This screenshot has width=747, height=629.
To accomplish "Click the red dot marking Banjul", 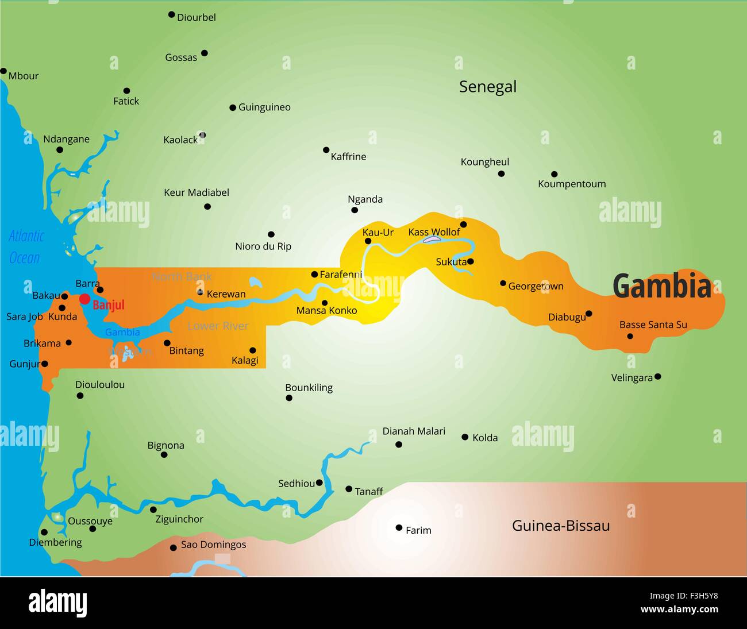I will pos(84,299).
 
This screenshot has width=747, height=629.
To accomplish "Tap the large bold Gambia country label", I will pos(661,286).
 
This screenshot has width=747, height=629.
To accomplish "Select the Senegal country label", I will pos(487,87).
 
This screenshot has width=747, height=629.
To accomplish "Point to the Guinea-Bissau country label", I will pos(560,526).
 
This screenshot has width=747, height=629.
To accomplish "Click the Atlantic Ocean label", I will pos(26,247).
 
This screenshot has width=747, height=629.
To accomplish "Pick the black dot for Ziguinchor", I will pos(153,510).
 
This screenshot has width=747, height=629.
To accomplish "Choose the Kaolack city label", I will pos(180,140).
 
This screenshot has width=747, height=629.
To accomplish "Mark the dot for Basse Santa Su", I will pos(630,336).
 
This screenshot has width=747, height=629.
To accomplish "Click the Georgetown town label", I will pos(536,286).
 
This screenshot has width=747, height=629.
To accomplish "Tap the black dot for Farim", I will pos(399,527).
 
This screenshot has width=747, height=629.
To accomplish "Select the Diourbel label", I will pos(196,18).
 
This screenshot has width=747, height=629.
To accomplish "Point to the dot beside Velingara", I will pos(658,377).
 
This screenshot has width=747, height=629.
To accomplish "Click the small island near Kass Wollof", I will pos(432,239).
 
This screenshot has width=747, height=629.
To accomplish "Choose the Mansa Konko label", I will pos(326,311).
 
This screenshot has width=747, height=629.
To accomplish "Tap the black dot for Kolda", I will pos(465,437).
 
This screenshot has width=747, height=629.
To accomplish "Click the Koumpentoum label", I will pos(572,184).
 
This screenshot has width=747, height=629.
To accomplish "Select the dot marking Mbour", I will pos(3,71).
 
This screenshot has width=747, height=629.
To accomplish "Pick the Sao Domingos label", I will pos(213,545).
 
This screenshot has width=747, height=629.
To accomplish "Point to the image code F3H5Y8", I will pos(696,596).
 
